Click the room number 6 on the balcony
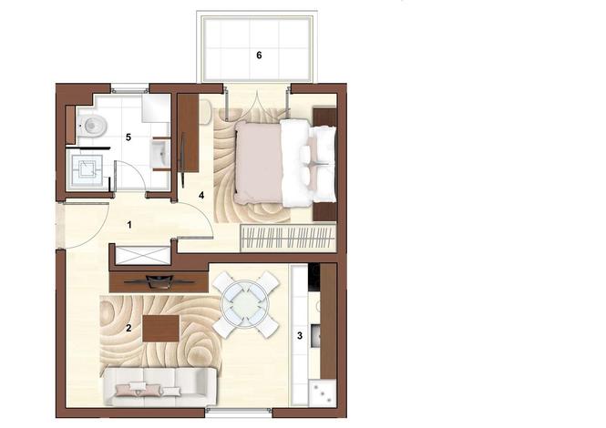click(x=259, y=56)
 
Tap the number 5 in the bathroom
click(x=128, y=138)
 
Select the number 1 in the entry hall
click(x=129, y=224)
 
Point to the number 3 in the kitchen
click(x=300, y=336)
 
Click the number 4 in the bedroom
click(x=201, y=196)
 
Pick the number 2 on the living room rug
click(x=128, y=328)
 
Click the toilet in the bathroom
click(x=92, y=125)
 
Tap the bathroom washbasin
click(x=160, y=154)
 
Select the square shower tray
click(x=86, y=169)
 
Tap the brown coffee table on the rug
click(x=160, y=329)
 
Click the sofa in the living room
click(x=160, y=386)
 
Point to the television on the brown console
click(x=159, y=282)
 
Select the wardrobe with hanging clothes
click(x=288, y=238)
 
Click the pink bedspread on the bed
click(x=259, y=162)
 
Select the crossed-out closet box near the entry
click(x=143, y=255)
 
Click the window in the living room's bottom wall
click(x=239, y=413)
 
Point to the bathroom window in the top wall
click(x=129, y=88)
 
